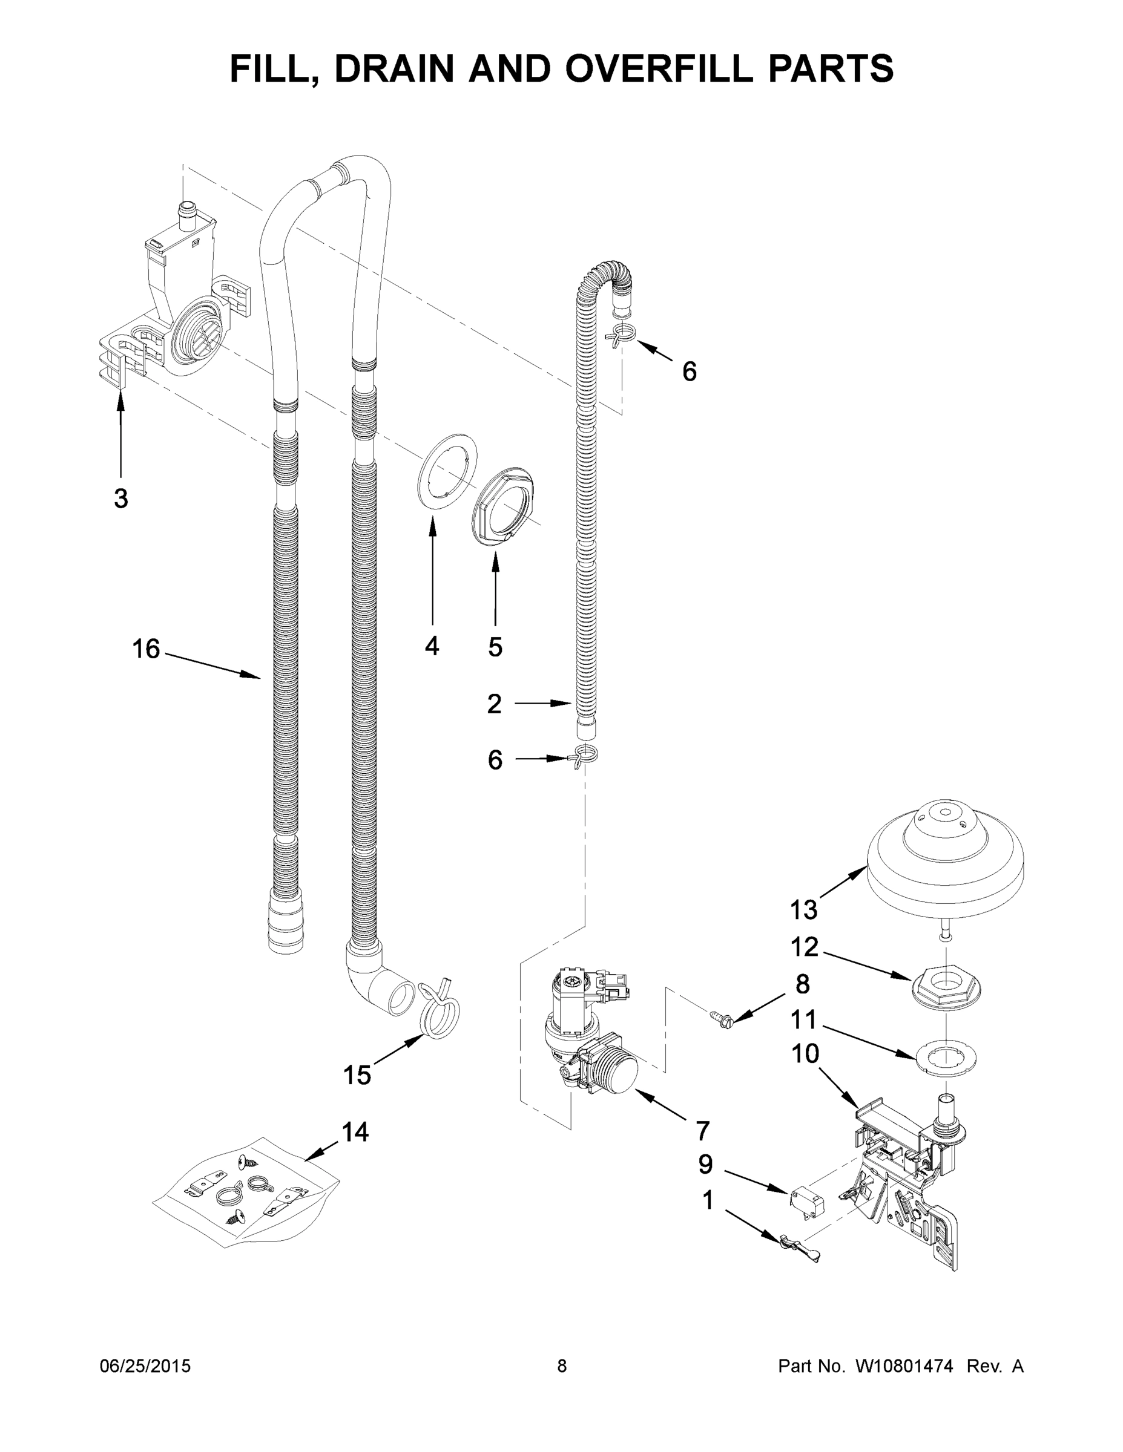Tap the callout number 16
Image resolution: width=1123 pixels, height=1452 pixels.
(146, 649)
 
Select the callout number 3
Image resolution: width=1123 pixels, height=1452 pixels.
(120, 498)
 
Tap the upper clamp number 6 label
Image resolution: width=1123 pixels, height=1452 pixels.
(689, 371)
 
